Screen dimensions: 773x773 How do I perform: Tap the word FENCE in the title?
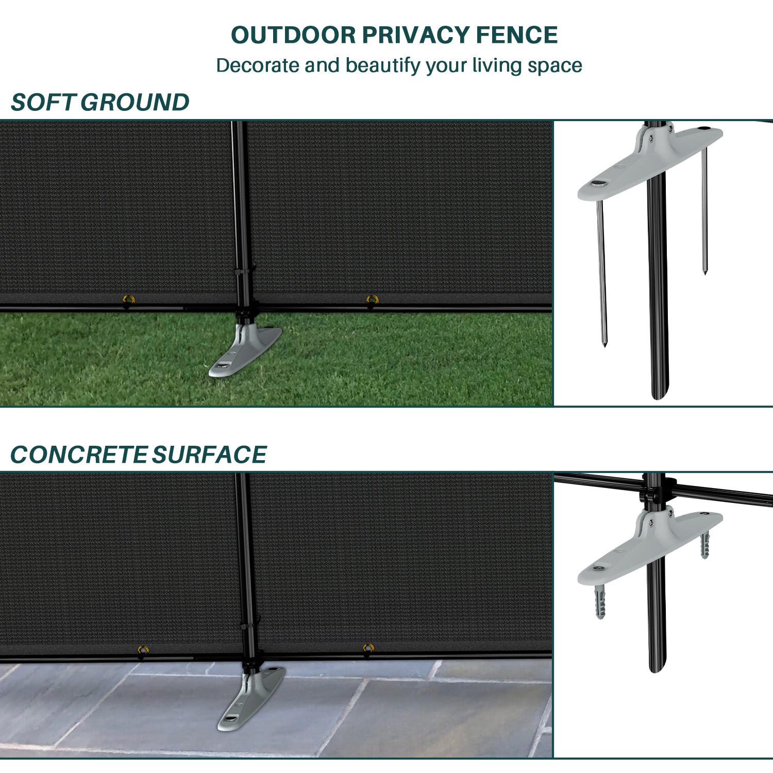pyautogui.click(x=516, y=35)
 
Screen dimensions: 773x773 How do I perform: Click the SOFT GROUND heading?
pyautogui.click(x=100, y=102)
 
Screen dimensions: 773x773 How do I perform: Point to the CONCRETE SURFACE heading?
pyautogui.click(x=138, y=455)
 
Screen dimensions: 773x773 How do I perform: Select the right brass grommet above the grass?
pyautogui.click(x=372, y=299)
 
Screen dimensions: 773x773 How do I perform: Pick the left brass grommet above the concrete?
pyautogui.click(x=143, y=649)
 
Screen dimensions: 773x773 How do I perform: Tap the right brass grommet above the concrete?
pyautogui.click(x=368, y=648)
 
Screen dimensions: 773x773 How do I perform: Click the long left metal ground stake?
pyautogui.click(x=601, y=273)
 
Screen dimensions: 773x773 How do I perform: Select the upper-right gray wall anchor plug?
pyautogui.click(x=705, y=545)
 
